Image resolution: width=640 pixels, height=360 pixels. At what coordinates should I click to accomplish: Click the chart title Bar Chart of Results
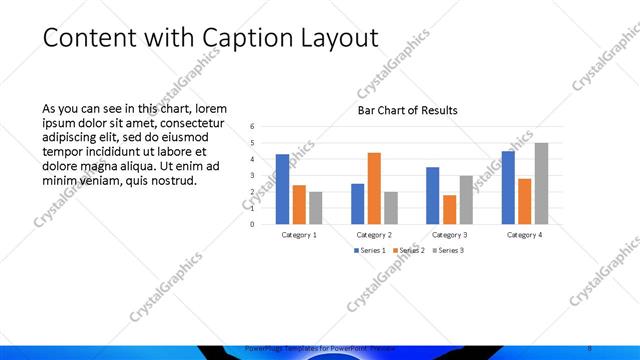(x=408, y=110)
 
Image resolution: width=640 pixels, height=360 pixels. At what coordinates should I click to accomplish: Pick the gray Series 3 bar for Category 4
(x=541, y=183)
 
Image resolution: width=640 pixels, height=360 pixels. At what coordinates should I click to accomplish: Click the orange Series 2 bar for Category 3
(x=450, y=209)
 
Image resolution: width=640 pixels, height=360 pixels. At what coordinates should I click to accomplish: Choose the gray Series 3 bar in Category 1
(x=315, y=207)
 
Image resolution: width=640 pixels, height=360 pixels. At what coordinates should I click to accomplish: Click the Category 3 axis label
(x=449, y=235)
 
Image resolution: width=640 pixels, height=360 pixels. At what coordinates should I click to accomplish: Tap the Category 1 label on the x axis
(x=298, y=235)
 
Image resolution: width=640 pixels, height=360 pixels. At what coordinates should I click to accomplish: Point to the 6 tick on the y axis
(x=253, y=126)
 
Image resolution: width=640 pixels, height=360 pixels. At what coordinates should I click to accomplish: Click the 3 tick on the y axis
(x=253, y=175)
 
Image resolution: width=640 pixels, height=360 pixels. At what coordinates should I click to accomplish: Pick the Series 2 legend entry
(x=407, y=250)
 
